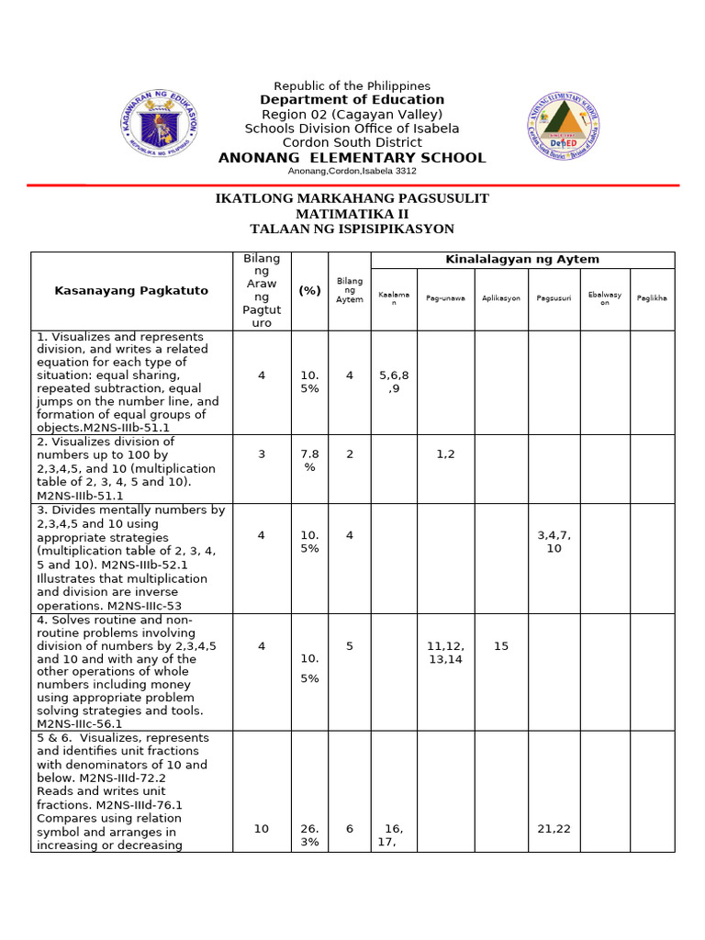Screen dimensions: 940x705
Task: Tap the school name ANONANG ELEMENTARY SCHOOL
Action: click(x=352, y=158)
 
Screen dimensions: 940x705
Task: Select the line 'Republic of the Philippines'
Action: click(x=352, y=85)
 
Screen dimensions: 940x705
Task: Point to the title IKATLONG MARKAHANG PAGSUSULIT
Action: click(x=352, y=198)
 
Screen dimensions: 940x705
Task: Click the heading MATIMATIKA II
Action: click(x=352, y=214)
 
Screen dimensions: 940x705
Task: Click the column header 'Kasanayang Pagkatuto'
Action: click(x=131, y=291)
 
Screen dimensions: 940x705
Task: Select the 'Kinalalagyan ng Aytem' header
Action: click(x=521, y=260)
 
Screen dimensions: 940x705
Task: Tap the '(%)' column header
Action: click(x=309, y=291)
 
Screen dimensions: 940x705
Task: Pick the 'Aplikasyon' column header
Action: click(x=501, y=298)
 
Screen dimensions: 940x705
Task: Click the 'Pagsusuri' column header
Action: click(x=554, y=298)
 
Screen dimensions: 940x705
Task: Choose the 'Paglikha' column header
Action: click(x=652, y=298)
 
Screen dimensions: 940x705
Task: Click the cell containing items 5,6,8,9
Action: click(x=394, y=382)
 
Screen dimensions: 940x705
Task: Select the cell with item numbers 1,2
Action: click(x=446, y=453)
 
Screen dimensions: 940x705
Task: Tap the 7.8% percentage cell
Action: click(x=309, y=461)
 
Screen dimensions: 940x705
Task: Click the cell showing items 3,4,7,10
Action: click(x=554, y=542)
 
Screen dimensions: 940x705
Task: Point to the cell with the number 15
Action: click(x=501, y=646)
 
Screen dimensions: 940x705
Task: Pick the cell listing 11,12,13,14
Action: click(x=446, y=653)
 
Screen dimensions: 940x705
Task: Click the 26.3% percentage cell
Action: click(x=309, y=835)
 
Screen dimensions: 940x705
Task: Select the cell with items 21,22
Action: click(x=554, y=829)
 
